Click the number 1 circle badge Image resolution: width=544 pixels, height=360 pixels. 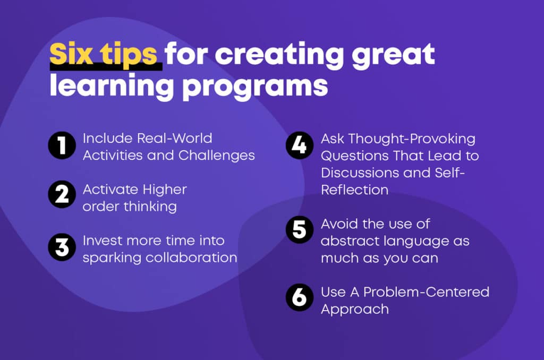coord(62,145)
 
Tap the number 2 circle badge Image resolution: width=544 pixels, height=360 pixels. coord(62,194)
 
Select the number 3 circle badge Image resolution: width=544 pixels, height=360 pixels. coord(62,247)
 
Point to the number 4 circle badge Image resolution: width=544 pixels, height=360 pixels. coord(300,145)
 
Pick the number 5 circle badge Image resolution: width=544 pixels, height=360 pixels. coord(300,229)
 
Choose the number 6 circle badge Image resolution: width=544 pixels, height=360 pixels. coord(300,297)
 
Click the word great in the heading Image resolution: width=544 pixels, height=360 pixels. coord(394,56)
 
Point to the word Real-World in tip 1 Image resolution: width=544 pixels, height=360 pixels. coord(174,139)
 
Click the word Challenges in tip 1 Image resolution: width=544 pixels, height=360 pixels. coord(217,156)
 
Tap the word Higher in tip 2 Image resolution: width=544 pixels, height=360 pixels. coord(165,190)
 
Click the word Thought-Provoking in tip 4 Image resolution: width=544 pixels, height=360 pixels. coord(412,139)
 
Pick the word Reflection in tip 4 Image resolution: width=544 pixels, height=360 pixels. coord(354,190)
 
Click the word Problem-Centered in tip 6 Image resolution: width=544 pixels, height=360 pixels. coord(426,292)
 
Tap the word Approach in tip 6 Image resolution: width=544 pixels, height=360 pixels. coord(354,310)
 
